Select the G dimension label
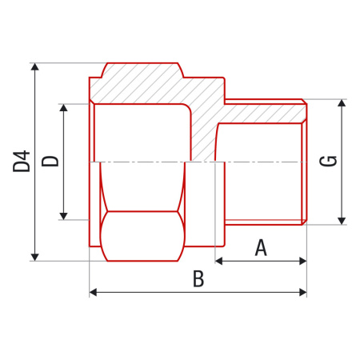[328, 161]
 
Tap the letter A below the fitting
[261, 248]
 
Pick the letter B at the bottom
[198, 279]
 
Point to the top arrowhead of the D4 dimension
[34, 67]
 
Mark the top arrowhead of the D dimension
[63, 107]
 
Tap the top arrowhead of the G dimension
[342, 104]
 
